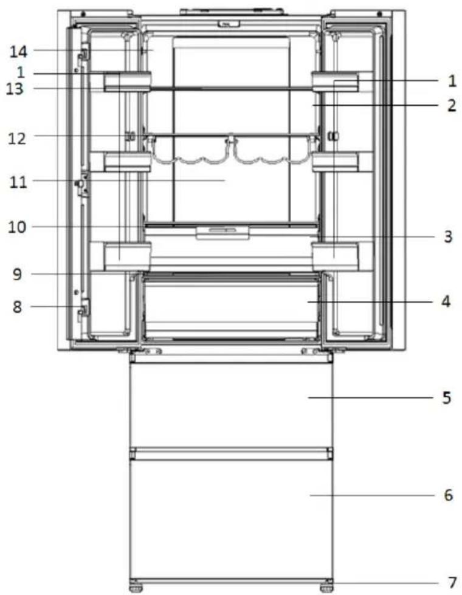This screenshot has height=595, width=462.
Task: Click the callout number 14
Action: click(19, 51)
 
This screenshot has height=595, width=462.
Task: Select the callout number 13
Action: click(15, 89)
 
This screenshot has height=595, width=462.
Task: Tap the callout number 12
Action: click(18, 139)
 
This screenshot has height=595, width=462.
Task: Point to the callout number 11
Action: click(19, 182)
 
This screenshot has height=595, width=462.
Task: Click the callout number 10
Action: click(17, 227)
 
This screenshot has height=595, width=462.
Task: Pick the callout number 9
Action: click(17, 274)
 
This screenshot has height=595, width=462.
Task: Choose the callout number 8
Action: click(17, 306)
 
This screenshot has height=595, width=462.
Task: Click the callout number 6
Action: click(449, 495)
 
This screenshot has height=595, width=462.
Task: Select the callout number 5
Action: click(447, 397)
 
